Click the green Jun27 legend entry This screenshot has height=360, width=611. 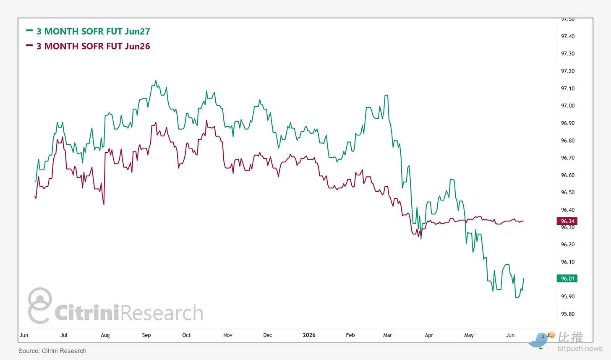point(88,31)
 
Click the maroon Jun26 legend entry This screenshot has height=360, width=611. point(88,46)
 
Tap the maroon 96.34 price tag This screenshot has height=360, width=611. point(567,221)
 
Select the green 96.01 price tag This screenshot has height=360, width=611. point(567,279)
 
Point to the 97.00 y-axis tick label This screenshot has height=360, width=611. point(568,106)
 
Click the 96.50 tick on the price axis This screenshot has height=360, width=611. point(568,193)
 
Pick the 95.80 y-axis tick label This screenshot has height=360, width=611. point(568,314)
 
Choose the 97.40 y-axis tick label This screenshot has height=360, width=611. point(568,37)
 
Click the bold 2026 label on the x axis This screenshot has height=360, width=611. point(309,335)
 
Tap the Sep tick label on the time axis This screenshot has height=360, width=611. point(146,335)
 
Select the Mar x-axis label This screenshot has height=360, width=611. point(388,335)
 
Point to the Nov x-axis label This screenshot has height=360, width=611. point(228,335)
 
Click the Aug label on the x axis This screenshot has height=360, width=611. point(105,335)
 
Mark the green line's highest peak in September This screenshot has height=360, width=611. point(156,81)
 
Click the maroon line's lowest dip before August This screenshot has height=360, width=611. point(104,204)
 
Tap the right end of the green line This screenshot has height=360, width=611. point(523,279)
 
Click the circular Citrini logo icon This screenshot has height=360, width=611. point(40,305)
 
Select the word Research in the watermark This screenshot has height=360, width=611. point(162,313)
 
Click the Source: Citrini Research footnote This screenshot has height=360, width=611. point(52,351)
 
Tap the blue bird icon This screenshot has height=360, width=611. point(538,340)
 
